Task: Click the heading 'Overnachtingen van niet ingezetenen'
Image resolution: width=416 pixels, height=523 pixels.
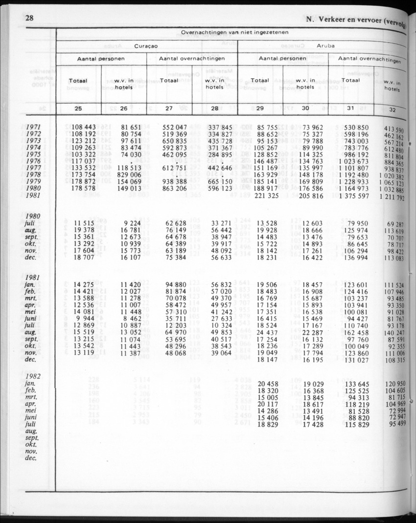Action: coord(234,32)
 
